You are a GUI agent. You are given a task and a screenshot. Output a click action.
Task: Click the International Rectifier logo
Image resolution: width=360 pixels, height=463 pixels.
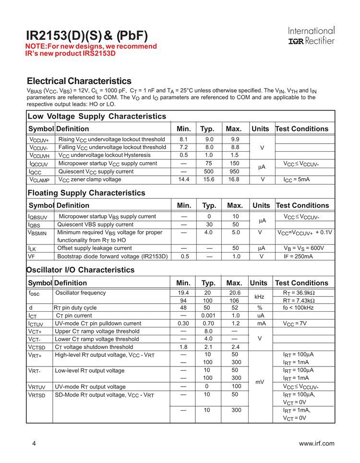(311, 36)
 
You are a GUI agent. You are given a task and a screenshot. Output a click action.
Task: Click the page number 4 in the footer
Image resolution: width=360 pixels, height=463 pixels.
(34, 443)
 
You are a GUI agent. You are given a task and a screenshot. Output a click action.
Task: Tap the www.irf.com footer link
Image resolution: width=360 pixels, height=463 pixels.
(316, 443)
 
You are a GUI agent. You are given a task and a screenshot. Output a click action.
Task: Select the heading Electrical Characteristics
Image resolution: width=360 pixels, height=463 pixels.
(79, 81)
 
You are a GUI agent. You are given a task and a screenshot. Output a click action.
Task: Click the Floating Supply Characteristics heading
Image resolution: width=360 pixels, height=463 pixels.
(86, 193)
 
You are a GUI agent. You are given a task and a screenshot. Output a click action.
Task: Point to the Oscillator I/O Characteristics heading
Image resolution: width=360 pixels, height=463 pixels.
(81, 270)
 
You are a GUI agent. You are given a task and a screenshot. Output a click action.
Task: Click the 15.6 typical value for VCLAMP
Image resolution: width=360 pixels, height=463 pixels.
(207, 179)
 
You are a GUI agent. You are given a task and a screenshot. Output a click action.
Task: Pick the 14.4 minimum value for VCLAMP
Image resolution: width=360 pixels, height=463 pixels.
(183, 179)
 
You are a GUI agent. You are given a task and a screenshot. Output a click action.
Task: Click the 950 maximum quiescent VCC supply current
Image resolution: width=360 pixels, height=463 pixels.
(234, 171)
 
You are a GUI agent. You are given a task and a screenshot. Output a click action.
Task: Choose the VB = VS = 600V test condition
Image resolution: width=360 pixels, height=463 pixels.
(304, 248)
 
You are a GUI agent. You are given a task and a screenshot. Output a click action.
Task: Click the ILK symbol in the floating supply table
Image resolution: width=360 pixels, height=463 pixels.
(32, 248)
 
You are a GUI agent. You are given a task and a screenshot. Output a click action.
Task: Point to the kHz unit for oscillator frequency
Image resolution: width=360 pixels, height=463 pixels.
(259, 297)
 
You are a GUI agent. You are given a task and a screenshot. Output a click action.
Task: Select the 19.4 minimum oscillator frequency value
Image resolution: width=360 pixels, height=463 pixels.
(183, 293)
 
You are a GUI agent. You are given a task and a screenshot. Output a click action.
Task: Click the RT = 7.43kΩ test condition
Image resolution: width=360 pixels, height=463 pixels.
(302, 301)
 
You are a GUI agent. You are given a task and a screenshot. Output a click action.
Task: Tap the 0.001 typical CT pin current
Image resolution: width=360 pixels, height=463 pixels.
(208, 316)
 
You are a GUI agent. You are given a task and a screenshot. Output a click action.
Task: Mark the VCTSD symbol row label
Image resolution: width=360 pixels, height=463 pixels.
(38, 347)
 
